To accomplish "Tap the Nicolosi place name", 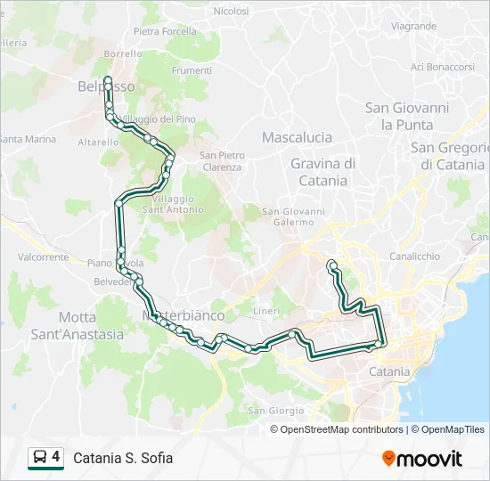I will pyautogui.click(x=231, y=12).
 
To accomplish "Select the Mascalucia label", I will pyautogui.click(x=297, y=137).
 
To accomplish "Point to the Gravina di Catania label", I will pyautogui.click(x=323, y=171).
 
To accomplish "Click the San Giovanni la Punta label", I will pyautogui.click(x=407, y=116).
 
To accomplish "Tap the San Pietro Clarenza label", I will pyautogui.click(x=222, y=161).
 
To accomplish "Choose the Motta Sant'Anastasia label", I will pyautogui.click(x=90, y=325).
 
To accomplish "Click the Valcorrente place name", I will pyautogui.click(x=43, y=257).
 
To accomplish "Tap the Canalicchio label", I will pyautogui.click(x=414, y=256).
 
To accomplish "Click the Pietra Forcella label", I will pyautogui.click(x=165, y=31).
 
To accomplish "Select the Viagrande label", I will pyautogui.click(x=413, y=26).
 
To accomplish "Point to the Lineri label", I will pyautogui.click(x=266, y=310).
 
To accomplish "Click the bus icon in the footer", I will pyautogui.click(x=40, y=458).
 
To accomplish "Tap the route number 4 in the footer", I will pyautogui.click(x=56, y=457).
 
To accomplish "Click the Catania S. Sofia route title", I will pyautogui.click(x=123, y=458).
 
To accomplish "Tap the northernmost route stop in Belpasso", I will pyautogui.click(x=108, y=80).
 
